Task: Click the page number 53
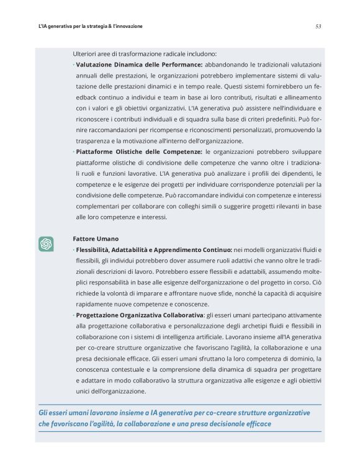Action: [318, 27]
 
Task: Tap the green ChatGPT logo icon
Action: [45, 243]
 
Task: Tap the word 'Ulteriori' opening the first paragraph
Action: [86, 54]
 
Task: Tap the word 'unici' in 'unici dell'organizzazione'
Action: [81, 391]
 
